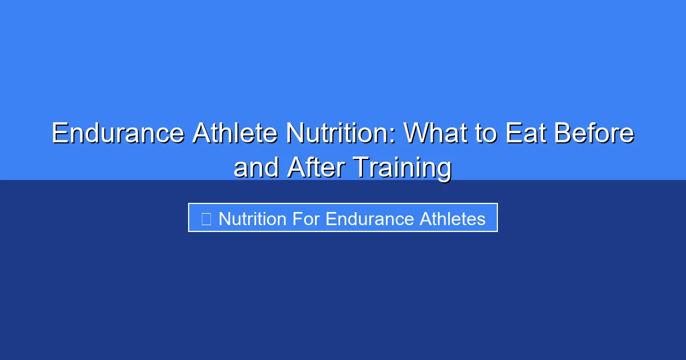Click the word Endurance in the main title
click(x=117, y=134)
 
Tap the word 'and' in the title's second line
click(x=256, y=168)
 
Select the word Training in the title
click(x=402, y=168)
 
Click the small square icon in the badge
click(x=206, y=218)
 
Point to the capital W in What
click(x=416, y=134)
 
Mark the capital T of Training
click(x=360, y=168)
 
